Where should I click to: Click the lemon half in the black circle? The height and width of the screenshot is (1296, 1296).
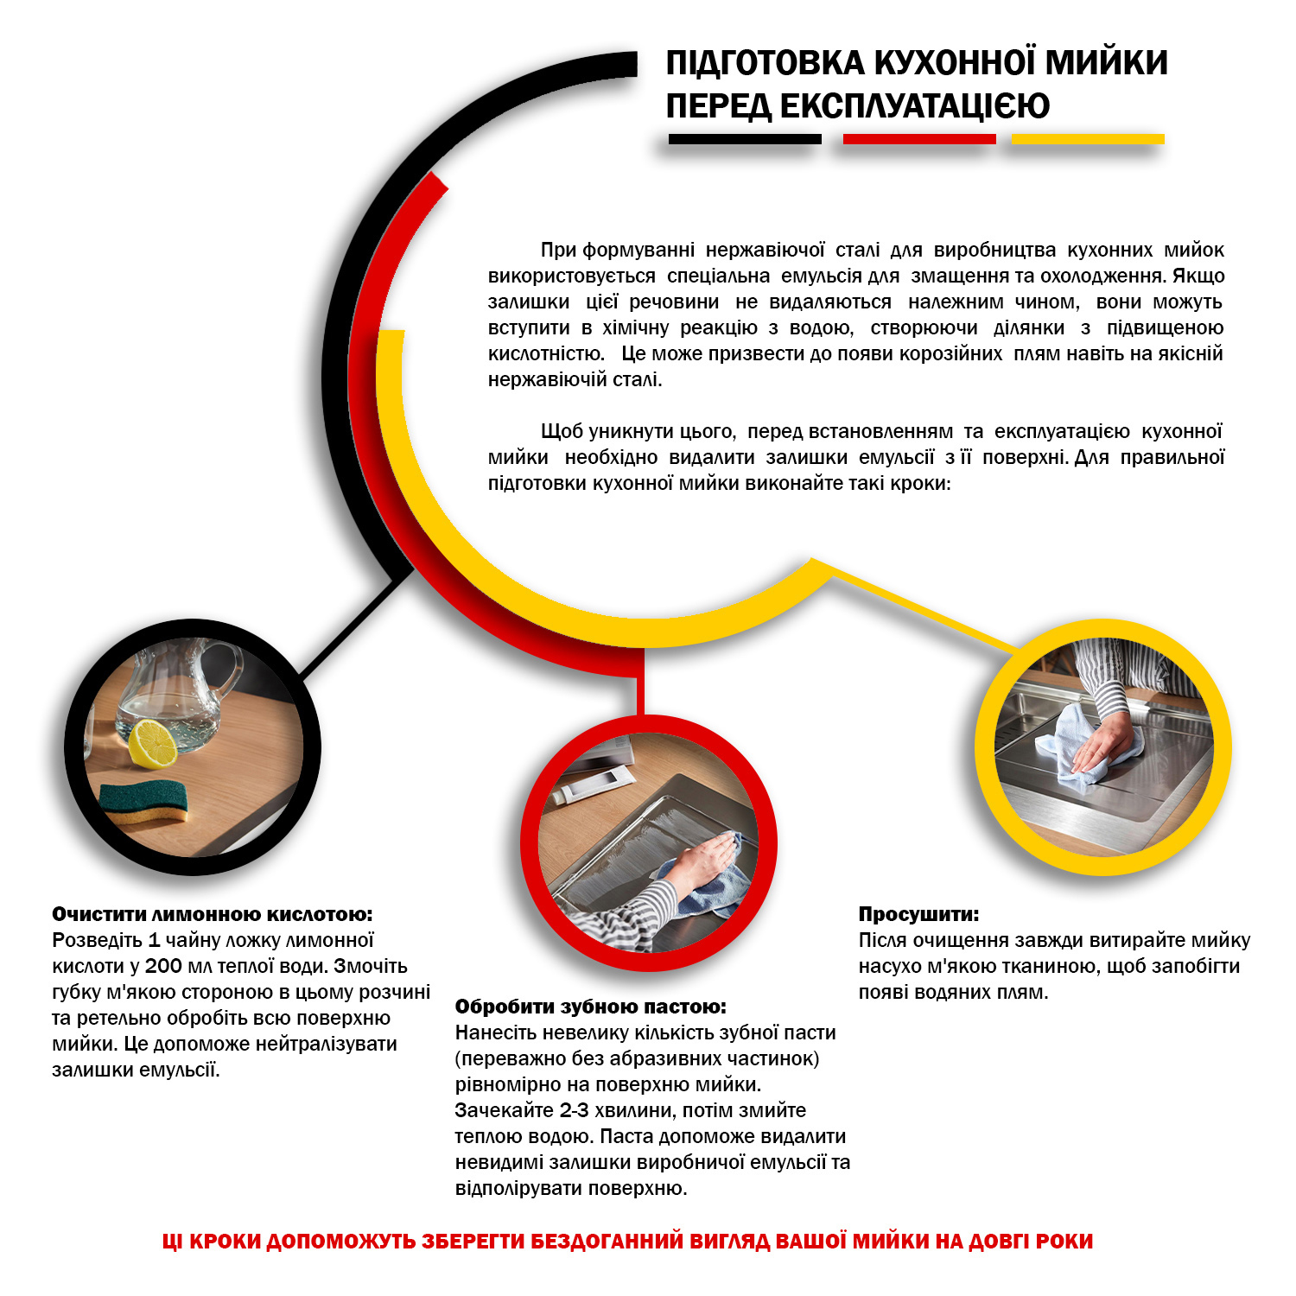(x=153, y=742)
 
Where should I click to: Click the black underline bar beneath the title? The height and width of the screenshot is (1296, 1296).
(x=745, y=139)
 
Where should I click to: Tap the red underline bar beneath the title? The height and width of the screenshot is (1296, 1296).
(x=919, y=139)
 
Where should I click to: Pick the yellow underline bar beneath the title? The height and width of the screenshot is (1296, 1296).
(x=1088, y=139)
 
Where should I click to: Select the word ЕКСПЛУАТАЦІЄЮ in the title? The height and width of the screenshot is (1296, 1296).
(x=915, y=106)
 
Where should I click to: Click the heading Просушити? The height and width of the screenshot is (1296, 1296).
(x=918, y=914)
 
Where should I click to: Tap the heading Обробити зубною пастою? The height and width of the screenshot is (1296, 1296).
(x=591, y=1007)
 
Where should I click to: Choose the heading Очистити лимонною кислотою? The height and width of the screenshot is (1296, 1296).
(x=213, y=914)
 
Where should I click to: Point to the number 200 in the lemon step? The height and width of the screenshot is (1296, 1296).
(x=163, y=966)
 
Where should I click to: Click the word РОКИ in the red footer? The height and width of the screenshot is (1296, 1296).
(x=1064, y=1242)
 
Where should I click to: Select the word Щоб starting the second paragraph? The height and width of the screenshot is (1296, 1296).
(x=560, y=431)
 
